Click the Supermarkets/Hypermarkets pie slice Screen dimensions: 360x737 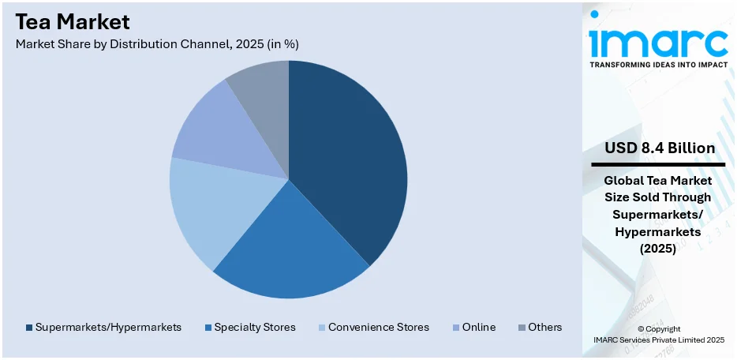tap(351, 158)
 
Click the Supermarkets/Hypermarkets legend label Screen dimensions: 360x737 tap(109, 327)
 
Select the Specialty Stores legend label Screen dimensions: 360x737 tap(255, 327)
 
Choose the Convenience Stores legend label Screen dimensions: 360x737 tap(379, 327)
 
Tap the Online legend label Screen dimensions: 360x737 tap(479, 327)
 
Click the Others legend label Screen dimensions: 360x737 tap(545, 327)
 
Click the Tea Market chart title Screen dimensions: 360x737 tap(73, 21)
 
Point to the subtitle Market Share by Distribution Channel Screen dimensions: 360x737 tap(156, 44)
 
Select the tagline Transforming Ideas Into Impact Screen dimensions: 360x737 tap(658, 64)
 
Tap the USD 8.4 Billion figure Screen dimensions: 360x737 tap(660, 148)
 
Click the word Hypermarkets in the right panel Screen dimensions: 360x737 tap(658, 232)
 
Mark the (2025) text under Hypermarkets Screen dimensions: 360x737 tap(658, 249)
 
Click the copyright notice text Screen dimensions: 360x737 tap(658, 334)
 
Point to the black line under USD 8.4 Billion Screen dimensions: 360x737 tap(658, 164)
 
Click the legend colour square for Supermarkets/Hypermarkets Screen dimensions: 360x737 tap(29, 327)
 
